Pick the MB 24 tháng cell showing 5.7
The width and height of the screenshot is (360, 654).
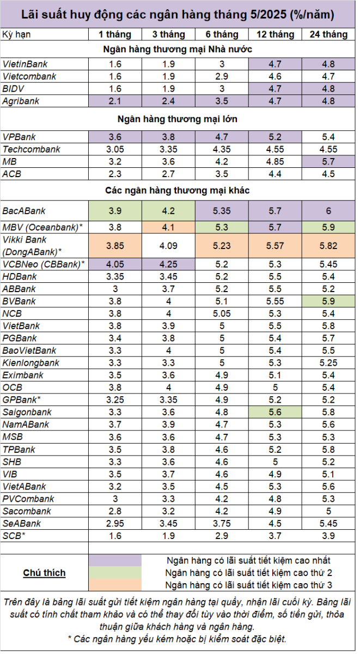328,161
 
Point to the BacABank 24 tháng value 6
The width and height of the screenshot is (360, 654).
328,211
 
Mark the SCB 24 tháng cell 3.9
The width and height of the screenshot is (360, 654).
328,536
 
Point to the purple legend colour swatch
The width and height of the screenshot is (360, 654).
115,560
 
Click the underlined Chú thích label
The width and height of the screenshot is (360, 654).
44,573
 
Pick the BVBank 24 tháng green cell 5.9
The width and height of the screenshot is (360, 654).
328,301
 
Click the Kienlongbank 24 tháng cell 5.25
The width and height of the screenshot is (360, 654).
328,363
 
